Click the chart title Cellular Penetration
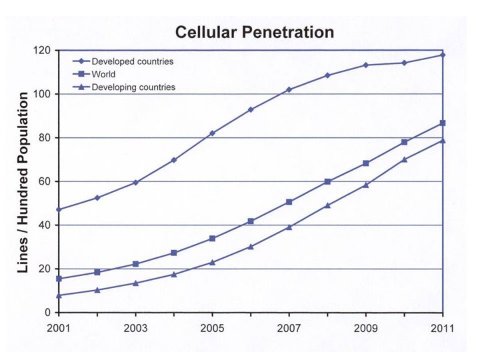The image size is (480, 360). pos(254,31)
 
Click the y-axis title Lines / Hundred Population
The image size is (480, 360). pos(23,182)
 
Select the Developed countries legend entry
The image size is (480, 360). pos(132,61)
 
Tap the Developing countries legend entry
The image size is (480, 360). pos(133,87)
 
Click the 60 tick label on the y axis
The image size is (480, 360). pos(45,181)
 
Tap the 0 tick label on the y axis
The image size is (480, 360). pos(48,313)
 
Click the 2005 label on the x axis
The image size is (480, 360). pos(212,328)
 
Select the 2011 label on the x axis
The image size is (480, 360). pos(443,328)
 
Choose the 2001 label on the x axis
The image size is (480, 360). pos(59,328)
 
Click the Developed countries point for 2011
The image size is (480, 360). pos(443,55)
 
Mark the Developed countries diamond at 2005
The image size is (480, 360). pos(213,133)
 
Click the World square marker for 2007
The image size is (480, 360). pos(289,202)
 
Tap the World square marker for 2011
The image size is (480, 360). pos(443,123)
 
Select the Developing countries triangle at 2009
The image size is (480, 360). pos(366,185)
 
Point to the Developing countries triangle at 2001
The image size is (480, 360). pos(59,295)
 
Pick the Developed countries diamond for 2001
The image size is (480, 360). pos(59,209)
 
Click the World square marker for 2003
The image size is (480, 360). pos(135,264)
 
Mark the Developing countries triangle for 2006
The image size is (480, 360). pos(251,247)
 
